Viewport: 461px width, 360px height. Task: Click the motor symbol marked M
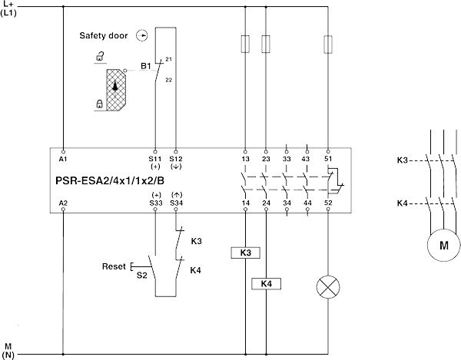click(x=443, y=246)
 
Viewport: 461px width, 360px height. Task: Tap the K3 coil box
click(x=244, y=252)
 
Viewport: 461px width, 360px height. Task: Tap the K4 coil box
click(x=265, y=284)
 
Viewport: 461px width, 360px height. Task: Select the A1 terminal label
click(x=63, y=159)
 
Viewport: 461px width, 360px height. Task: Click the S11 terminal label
click(x=155, y=159)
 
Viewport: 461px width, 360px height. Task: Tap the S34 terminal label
click(x=176, y=203)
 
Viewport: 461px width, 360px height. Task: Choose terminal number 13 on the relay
click(x=245, y=159)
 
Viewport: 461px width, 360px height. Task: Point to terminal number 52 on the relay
click(x=328, y=203)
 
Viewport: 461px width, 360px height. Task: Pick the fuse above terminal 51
click(x=328, y=43)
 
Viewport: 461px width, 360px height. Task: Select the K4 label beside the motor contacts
click(x=403, y=203)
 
